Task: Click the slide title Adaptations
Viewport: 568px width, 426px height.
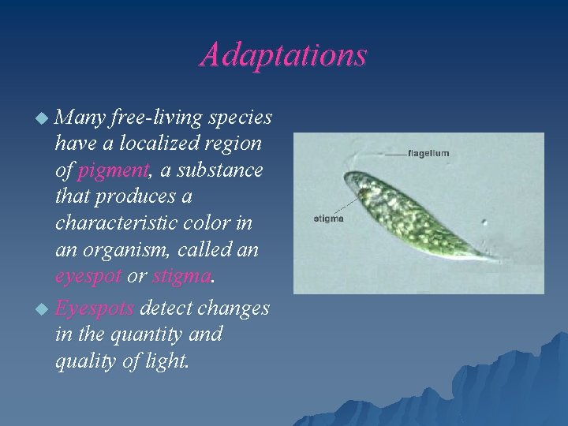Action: [283, 54]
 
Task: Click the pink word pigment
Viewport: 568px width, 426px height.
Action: [112, 170]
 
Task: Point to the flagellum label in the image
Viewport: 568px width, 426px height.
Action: [428, 153]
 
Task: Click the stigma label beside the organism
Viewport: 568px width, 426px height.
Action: [329, 219]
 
